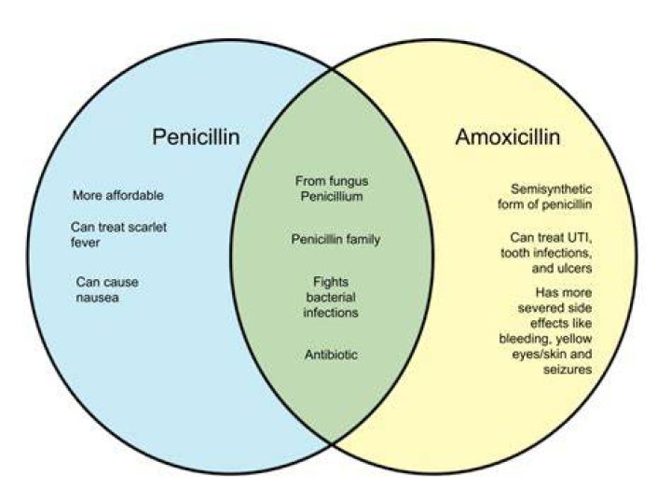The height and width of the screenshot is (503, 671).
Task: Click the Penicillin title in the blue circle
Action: click(196, 137)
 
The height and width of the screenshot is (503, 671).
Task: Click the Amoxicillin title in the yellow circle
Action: click(508, 137)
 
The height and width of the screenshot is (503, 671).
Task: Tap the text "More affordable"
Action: click(118, 195)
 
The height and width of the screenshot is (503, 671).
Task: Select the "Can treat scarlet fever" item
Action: click(118, 234)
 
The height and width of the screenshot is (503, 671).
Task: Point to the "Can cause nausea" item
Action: click(107, 289)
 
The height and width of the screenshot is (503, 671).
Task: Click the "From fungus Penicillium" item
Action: click(332, 189)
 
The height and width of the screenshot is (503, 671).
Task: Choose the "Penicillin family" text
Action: click(335, 239)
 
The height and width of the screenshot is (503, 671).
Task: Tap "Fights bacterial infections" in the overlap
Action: click(331, 297)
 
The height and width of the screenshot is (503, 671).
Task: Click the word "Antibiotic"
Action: click(331, 355)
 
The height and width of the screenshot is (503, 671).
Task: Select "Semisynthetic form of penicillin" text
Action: click(545, 196)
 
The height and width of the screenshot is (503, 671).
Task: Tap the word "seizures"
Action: click(568, 370)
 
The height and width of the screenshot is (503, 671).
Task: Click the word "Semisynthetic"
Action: click(551, 189)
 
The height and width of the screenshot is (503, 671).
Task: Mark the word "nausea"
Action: click(97, 298)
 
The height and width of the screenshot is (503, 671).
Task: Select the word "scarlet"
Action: click(147, 227)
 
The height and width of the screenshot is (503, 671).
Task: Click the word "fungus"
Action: click(349, 181)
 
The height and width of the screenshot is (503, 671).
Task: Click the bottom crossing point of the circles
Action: click(332, 444)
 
